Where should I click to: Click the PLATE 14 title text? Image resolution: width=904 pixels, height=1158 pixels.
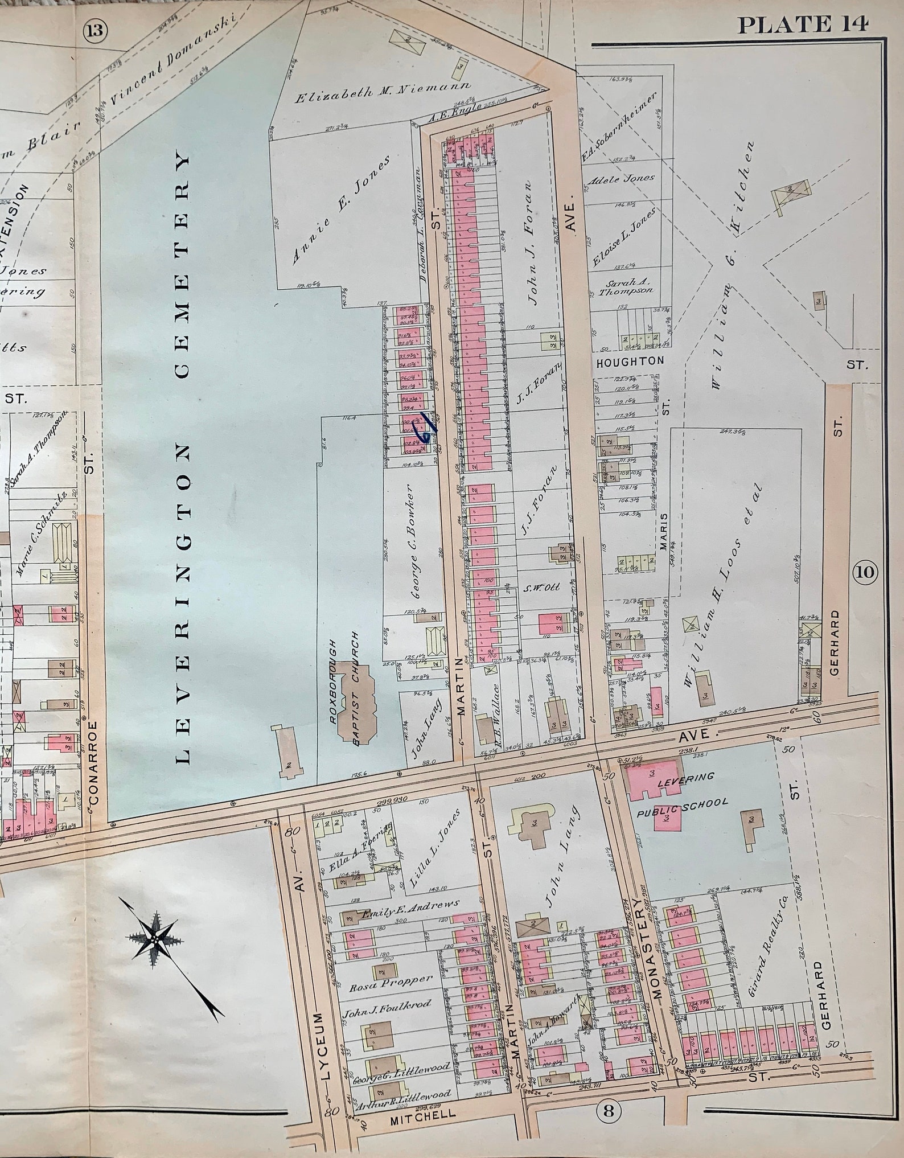click(x=803, y=24)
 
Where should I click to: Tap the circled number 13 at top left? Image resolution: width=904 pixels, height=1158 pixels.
click(x=95, y=31)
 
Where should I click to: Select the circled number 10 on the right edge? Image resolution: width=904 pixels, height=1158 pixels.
click(x=864, y=572)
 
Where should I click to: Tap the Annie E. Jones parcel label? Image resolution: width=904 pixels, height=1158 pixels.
click(x=341, y=211)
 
